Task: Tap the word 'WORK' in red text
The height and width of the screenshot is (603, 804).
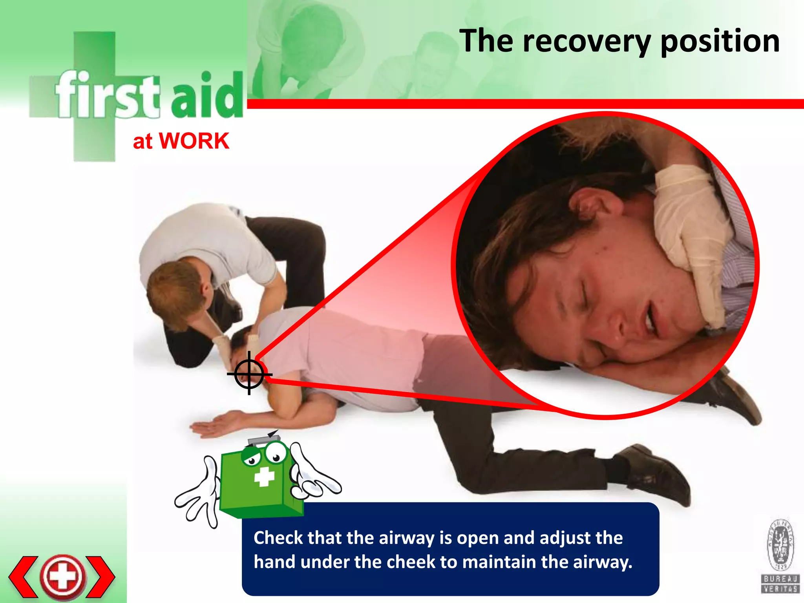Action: (194, 141)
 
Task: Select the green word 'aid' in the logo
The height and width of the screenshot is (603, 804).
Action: (207, 96)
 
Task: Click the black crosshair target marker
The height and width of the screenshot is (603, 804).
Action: (249, 373)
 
